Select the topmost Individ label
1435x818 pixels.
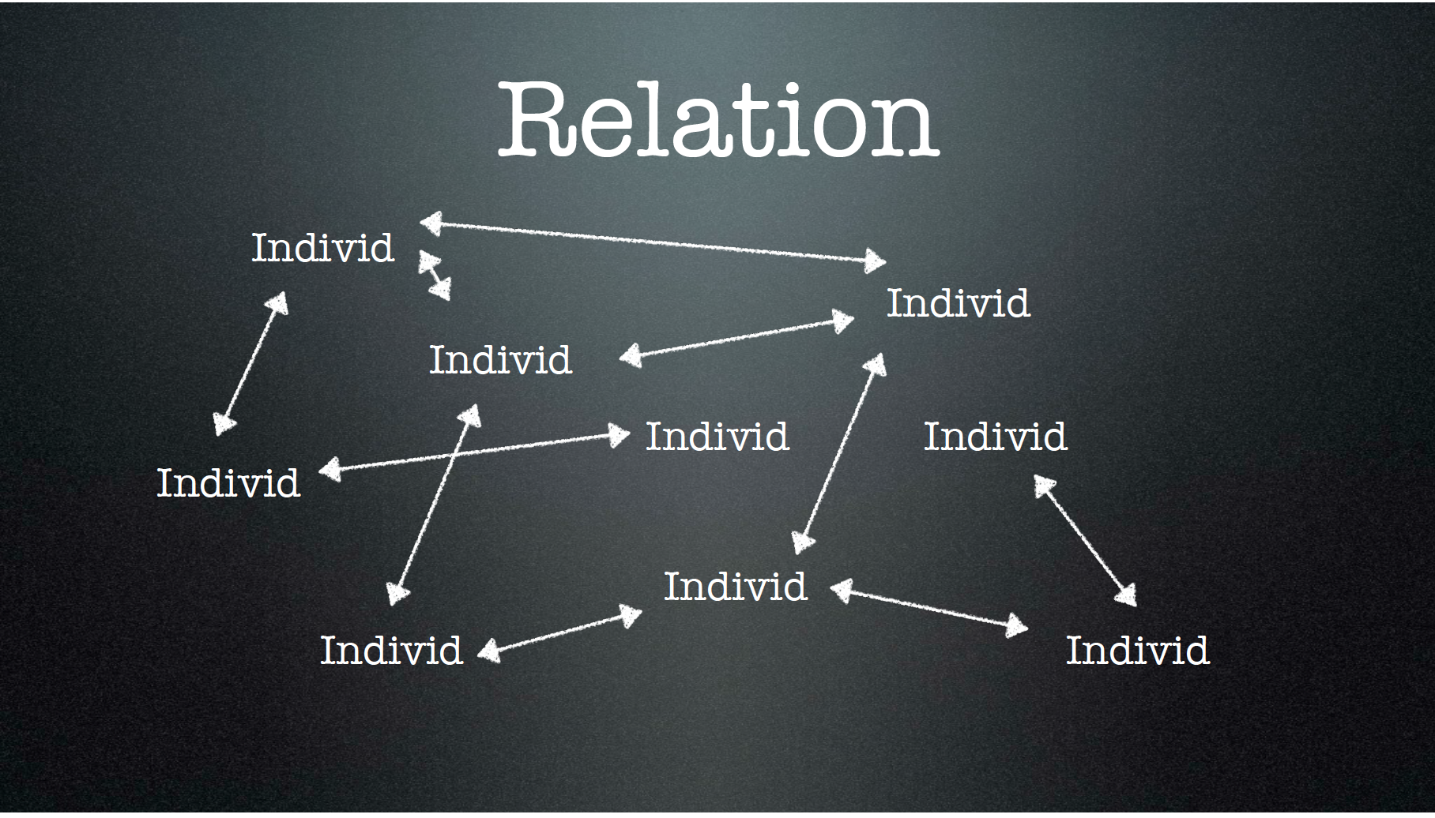tap(322, 248)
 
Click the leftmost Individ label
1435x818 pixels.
tap(228, 483)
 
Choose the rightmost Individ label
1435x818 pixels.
tap(1137, 651)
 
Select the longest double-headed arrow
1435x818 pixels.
tap(653, 242)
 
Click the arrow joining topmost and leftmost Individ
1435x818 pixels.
tap(250, 364)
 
